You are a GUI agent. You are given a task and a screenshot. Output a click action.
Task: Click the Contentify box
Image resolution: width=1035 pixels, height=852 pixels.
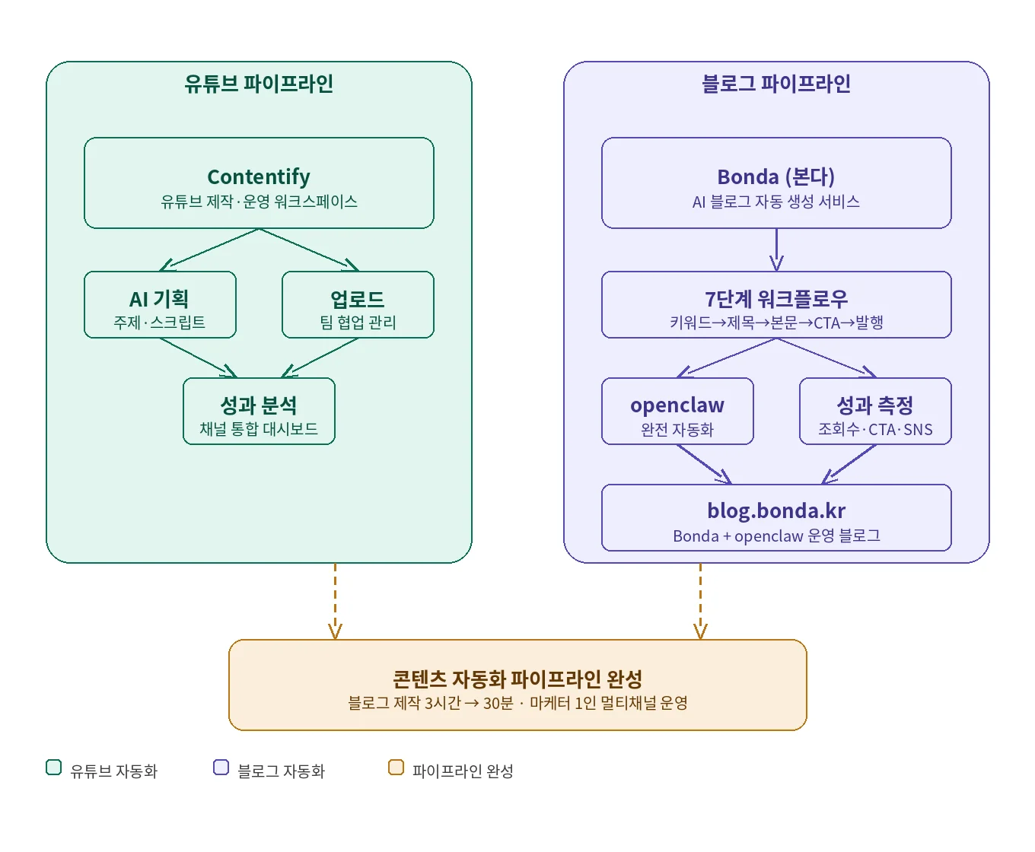point(259,183)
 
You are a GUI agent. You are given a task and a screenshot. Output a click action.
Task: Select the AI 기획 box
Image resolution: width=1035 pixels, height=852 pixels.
point(160,304)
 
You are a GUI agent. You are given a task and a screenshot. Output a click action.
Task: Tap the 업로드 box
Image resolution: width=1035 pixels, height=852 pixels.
point(358,304)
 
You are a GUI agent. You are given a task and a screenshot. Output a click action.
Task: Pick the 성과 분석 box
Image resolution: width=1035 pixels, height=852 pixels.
point(259,411)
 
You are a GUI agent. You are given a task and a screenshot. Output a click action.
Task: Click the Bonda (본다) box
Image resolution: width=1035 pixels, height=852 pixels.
point(776,183)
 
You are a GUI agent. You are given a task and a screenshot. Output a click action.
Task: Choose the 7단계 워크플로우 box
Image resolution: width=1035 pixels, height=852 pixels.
point(776,304)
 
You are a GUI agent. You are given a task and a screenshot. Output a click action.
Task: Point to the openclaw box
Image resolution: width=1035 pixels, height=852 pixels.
point(677,411)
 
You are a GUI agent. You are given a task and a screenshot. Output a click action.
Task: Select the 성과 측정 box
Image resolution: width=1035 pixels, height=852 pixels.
point(875,411)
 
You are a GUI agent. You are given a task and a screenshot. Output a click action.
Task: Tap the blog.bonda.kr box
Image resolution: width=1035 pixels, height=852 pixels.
point(776,517)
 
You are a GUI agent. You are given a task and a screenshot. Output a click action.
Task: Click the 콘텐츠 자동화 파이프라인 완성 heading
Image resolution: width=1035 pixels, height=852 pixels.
point(517,678)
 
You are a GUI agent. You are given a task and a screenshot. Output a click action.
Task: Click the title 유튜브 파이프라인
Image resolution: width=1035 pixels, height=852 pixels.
point(259,84)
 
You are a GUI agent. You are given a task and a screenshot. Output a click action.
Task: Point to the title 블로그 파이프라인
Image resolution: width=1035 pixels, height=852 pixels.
point(776,84)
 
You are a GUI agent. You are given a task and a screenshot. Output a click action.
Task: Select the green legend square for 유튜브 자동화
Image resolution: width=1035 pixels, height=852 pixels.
point(53,767)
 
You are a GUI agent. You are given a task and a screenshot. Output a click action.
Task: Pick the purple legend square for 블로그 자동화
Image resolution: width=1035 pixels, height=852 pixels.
point(221,767)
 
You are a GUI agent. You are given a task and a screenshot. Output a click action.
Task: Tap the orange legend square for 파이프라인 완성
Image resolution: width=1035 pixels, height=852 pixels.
point(396,767)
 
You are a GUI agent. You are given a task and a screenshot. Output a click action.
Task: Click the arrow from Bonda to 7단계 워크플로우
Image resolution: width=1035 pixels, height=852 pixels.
point(776,250)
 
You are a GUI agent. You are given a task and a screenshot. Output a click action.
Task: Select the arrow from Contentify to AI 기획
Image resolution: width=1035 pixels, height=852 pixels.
point(209,250)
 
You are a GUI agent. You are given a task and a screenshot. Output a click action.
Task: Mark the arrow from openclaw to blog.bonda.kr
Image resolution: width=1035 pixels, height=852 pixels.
point(704,464)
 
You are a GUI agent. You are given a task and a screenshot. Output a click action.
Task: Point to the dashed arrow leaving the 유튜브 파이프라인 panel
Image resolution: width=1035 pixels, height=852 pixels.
point(335,601)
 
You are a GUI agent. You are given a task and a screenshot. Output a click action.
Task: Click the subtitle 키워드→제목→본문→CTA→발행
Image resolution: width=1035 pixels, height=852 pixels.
point(776,323)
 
